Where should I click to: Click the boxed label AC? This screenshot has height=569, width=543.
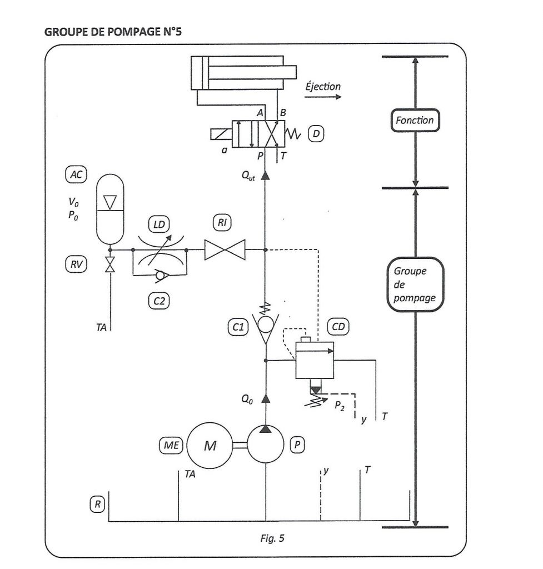[x=76, y=174]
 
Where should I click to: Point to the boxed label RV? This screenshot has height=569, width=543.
[x=76, y=264]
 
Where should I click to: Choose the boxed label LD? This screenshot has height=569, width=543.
[x=159, y=224]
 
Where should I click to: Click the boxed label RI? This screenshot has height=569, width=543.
[x=222, y=222]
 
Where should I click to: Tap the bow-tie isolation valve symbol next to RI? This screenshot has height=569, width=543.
[x=225, y=249]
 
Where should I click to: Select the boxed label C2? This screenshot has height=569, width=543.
[x=159, y=301]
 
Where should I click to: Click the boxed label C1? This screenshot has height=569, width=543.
[x=238, y=327]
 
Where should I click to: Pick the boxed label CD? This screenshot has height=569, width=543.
[x=338, y=327]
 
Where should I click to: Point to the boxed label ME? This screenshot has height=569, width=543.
[x=171, y=445]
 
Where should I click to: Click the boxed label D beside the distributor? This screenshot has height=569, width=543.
[x=316, y=133]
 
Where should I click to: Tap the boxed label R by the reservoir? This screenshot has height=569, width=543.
[x=97, y=505]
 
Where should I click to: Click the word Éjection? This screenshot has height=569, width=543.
[x=323, y=87]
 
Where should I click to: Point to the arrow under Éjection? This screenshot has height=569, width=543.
[x=323, y=97]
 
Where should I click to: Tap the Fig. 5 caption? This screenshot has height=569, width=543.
[x=272, y=538]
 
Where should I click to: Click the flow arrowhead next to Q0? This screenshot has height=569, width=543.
[x=266, y=398]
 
